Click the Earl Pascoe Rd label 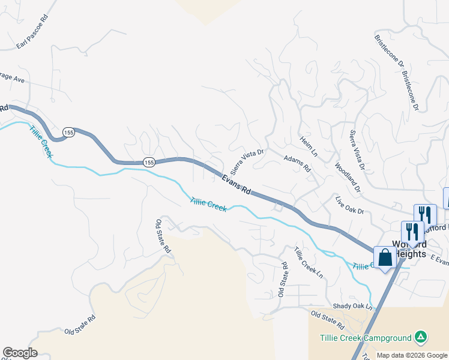[32, 38]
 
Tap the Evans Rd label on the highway [236, 184]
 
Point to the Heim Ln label [309, 147]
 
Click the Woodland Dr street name [348, 178]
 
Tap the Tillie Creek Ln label [309, 262]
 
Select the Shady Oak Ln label [353, 306]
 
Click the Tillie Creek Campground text [366, 338]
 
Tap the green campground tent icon [421, 338]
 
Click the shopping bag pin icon [385, 257]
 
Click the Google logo [20, 353]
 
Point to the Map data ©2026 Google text [411, 355]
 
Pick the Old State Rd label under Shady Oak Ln [327, 319]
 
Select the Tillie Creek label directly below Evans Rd [208, 204]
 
